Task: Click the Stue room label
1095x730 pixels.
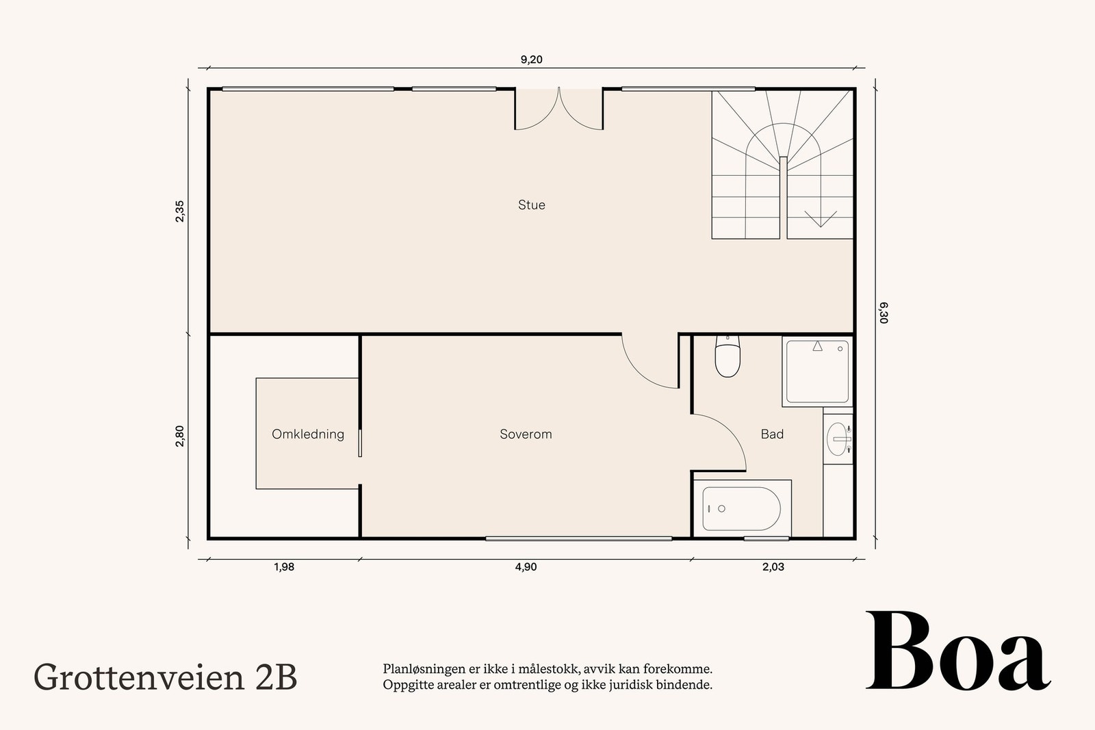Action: coord(531,205)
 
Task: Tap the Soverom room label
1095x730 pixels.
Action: coord(526,434)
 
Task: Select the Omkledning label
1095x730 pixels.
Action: coord(307,434)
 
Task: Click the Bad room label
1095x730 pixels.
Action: coord(772,434)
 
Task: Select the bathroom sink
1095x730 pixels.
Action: coord(838,439)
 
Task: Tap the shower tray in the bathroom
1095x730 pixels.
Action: coord(818,372)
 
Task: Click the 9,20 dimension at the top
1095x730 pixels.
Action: coord(531,60)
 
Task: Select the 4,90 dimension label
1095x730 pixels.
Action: coord(525,566)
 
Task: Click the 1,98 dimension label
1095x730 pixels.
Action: coord(283,566)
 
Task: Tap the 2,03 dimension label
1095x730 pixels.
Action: coord(773,566)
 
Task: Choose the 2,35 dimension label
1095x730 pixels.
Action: coord(179,211)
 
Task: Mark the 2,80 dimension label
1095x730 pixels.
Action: coord(179,436)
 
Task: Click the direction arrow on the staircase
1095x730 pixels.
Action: coord(820,218)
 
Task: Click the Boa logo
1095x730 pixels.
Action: coord(957,652)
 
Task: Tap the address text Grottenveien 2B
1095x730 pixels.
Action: coord(166,677)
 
